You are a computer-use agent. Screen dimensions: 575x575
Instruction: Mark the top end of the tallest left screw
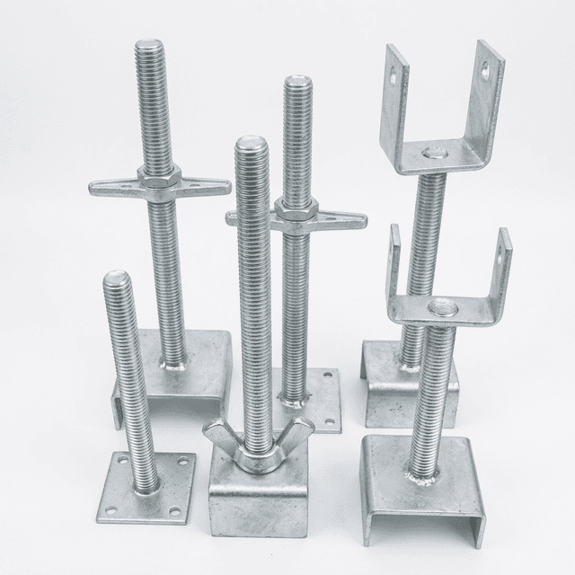coord(149,44)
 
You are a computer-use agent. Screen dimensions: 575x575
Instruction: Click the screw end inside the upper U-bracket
coord(434,153)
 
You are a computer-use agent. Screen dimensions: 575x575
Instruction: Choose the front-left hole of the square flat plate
coord(111,512)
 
